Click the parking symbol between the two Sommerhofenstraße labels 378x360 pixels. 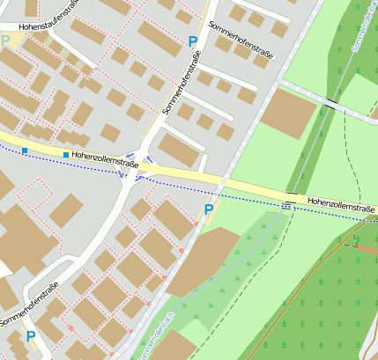pyautogui.click(x=193, y=40)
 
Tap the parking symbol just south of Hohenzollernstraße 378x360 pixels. pyautogui.click(x=209, y=209)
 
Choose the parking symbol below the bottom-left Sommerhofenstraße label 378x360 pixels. pyautogui.click(x=31, y=336)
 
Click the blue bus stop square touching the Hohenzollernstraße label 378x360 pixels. pyautogui.click(x=66, y=155)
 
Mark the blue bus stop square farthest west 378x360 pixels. pyautogui.click(x=25, y=151)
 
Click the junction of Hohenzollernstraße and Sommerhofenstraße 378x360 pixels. pyautogui.click(x=134, y=166)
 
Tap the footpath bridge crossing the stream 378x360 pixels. pyautogui.click(x=330, y=104)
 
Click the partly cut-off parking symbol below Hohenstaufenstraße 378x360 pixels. pyautogui.click(x=5, y=40)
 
